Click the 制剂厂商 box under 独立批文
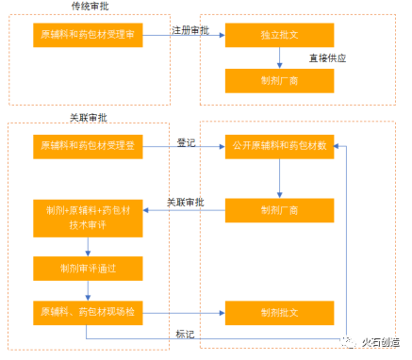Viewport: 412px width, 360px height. (x=280, y=82)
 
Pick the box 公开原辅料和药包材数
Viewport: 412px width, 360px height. (x=280, y=147)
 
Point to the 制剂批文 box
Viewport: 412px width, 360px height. (x=280, y=312)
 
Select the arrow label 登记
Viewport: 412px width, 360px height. (x=186, y=141)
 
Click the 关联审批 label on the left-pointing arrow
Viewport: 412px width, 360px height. (x=186, y=202)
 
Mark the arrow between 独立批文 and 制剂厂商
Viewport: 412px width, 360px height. (x=280, y=60)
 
